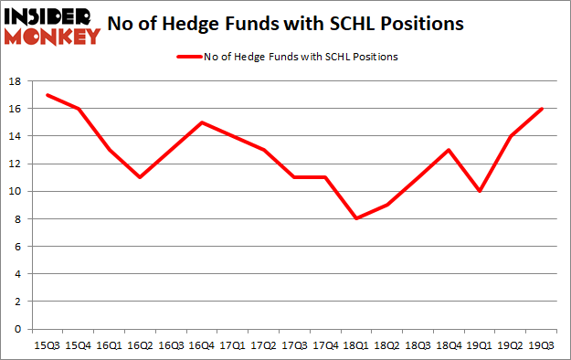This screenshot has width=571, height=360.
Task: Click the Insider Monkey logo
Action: pyautogui.click(x=52, y=25)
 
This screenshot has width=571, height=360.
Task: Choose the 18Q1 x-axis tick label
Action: pyautogui.click(x=355, y=345)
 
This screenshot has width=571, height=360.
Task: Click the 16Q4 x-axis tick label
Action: pyautogui.click(x=203, y=345)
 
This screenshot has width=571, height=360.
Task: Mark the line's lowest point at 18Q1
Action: pyautogui.click(x=355, y=218)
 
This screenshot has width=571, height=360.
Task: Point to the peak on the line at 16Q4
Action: pyautogui.click(x=203, y=122)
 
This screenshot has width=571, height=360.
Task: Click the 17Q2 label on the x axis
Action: pyautogui.click(x=264, y=345)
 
